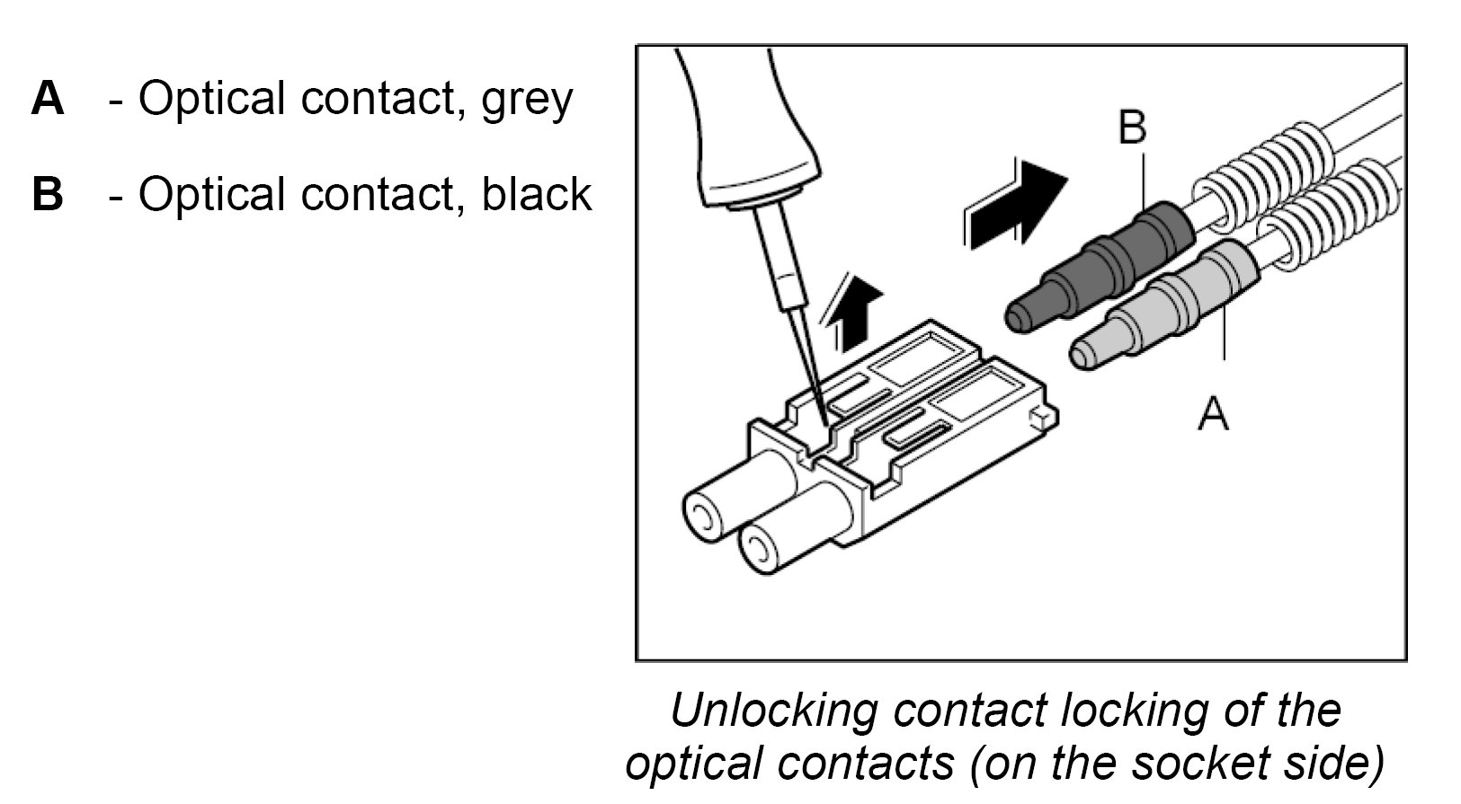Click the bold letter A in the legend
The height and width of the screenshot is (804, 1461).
(x=48, y=98)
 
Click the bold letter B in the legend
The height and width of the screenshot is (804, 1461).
(x=48, y=194)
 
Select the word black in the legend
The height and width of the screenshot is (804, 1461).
(x=536, y=194)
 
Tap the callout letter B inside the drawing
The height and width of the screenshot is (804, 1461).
(x=1132, y=128)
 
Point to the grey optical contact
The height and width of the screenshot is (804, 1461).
(x=1178, y=301)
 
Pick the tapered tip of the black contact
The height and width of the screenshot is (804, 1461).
(x=1025, y=315)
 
